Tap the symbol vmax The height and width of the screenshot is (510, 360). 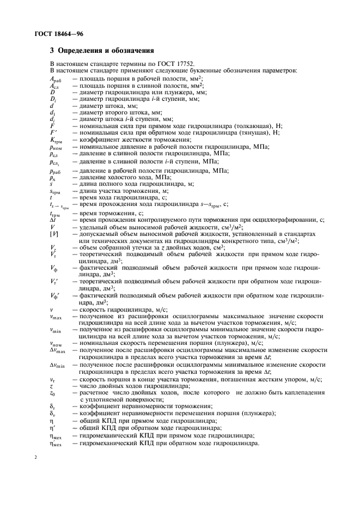click(55, 316)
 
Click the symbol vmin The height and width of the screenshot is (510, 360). click(55, 330)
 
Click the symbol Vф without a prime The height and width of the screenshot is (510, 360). click(53, 268)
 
